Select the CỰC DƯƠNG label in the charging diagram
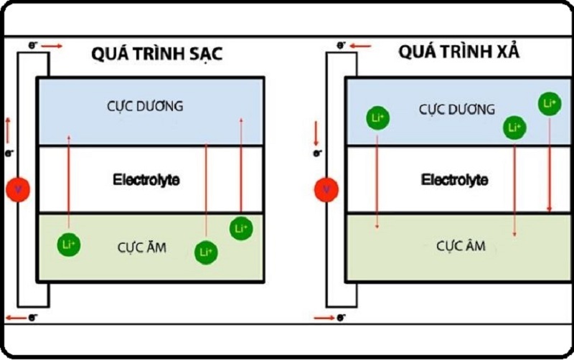click(151, 106)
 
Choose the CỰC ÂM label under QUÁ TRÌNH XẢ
click(461, 246)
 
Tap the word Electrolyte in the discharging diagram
click(455, 180)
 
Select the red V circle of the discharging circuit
click(326, 190)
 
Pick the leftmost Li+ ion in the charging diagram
click(69, 245)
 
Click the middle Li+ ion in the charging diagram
click(205, 252)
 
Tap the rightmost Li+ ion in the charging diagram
click(241, 228)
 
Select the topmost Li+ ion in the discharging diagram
click(550, 104)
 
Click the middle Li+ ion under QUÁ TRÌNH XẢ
click(514, 128)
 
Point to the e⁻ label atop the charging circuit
click(32, 45)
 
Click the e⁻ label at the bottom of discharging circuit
click(343, 317)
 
